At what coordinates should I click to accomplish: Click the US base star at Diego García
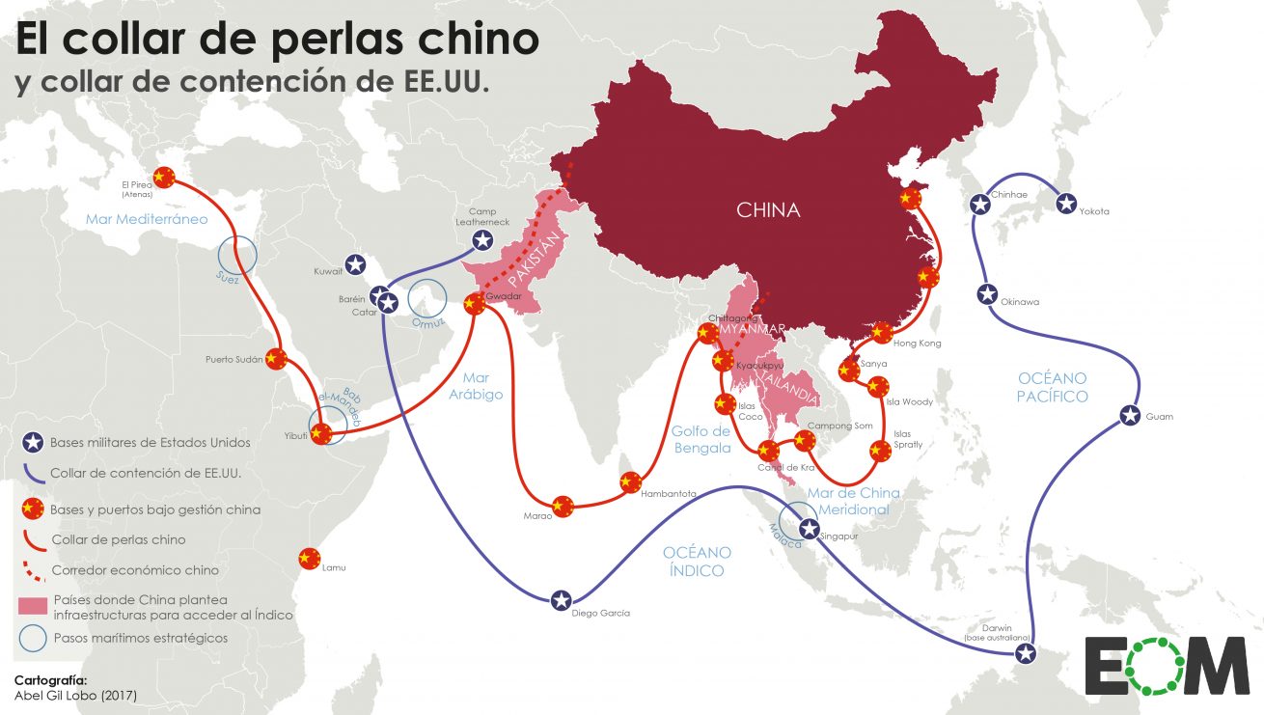point(562,600)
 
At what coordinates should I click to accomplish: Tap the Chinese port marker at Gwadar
point(473,305)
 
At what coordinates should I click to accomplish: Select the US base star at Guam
point(1131,417)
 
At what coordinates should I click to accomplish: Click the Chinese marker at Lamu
point(308,558)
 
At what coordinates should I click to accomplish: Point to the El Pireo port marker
point(164,177)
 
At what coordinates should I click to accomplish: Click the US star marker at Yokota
point(1066,204)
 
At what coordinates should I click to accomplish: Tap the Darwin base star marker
point(1026,654)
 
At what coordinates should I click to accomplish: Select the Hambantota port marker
point(631,482)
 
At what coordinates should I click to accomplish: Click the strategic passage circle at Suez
point(236,255)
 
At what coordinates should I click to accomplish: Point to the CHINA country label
point(768,209)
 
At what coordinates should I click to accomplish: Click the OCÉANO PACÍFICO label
point(1052,387)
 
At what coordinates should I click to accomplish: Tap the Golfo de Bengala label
point(701,439)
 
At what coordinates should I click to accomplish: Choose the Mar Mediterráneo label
point(147,219)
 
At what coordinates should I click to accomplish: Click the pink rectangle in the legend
point(32,606)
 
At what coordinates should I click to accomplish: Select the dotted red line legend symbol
point(32,571)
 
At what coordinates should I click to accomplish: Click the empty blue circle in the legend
point(32,638)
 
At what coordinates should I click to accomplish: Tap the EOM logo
point(1166,665)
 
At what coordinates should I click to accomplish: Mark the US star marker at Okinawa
point(987,294)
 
